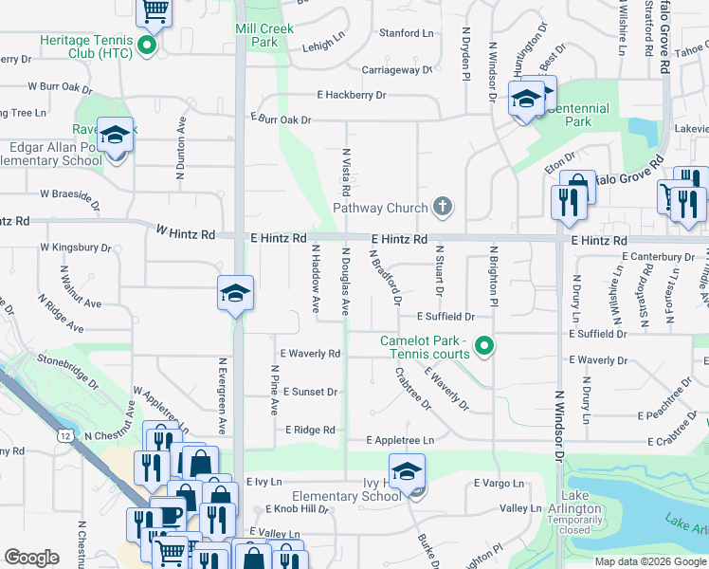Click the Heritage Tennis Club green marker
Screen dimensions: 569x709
(147, 45)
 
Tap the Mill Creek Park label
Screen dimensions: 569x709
(257, 36)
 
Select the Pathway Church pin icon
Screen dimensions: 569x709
(441, 206)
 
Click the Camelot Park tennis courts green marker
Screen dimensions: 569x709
(484, 347)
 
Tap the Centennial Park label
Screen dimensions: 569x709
(573, 115)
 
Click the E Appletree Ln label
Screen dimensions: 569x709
(400, 440)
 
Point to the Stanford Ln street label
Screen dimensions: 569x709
(406, 33)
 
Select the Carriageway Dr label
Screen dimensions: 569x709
(396, 70)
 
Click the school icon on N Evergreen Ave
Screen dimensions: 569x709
(234, 294)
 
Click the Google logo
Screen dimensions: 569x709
(31, 558)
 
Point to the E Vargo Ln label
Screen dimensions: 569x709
(499, 483)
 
